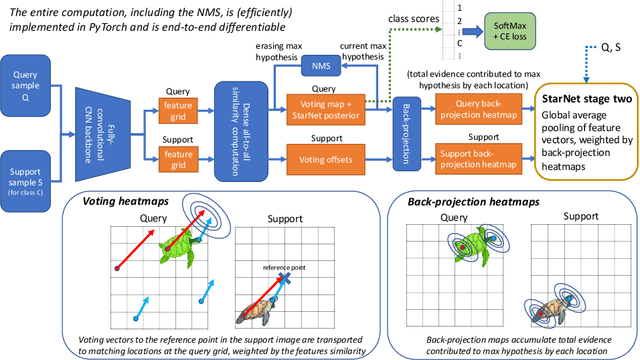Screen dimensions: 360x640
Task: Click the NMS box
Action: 322,65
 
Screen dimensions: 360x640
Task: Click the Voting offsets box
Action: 328,154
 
